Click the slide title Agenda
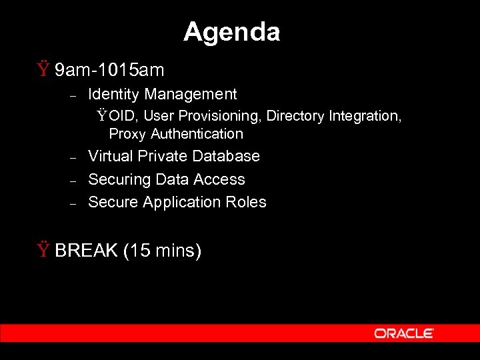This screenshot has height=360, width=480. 231,32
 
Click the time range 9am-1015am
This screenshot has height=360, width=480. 109,69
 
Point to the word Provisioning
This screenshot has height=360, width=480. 219,116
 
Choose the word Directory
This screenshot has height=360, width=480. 295,116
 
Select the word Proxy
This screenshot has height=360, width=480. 127,134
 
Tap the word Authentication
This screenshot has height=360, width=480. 197,134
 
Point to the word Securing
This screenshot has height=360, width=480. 119,179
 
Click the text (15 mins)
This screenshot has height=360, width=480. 163,251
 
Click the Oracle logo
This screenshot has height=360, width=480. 404,333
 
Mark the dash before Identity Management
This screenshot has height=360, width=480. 74,95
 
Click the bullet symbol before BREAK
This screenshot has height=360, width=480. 43,251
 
